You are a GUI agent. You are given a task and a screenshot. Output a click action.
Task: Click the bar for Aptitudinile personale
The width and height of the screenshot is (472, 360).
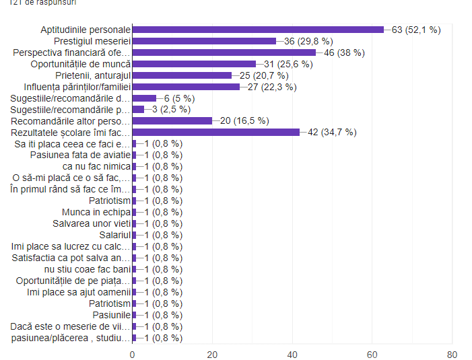(258, 30)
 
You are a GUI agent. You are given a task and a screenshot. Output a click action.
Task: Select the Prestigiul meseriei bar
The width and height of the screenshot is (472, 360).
(204, 41)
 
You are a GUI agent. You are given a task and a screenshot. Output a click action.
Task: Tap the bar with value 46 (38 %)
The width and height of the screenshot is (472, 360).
(224, 52)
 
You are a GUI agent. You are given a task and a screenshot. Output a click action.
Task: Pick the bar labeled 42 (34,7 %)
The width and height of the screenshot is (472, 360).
(216, 133)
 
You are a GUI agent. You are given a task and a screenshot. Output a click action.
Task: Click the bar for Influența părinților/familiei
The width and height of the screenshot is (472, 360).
(186, 87)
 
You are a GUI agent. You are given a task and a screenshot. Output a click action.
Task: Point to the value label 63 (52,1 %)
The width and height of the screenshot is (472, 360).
(416, 30)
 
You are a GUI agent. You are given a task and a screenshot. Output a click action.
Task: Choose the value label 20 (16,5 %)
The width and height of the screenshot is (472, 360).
(245, 121)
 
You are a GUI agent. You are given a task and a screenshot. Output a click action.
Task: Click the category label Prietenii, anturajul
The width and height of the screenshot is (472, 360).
(90, 75)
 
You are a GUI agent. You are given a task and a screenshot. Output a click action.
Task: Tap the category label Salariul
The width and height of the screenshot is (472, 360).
(114, 235)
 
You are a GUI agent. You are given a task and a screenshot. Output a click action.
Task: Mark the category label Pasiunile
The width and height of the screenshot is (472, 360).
(110, 315)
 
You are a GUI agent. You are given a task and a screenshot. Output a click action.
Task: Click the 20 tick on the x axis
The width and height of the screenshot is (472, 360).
(212, 353)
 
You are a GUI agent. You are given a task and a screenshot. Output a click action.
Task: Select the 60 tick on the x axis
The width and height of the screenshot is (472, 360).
(372, 353)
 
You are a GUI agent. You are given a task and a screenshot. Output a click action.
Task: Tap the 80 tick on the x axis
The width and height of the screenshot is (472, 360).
(452, 353)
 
